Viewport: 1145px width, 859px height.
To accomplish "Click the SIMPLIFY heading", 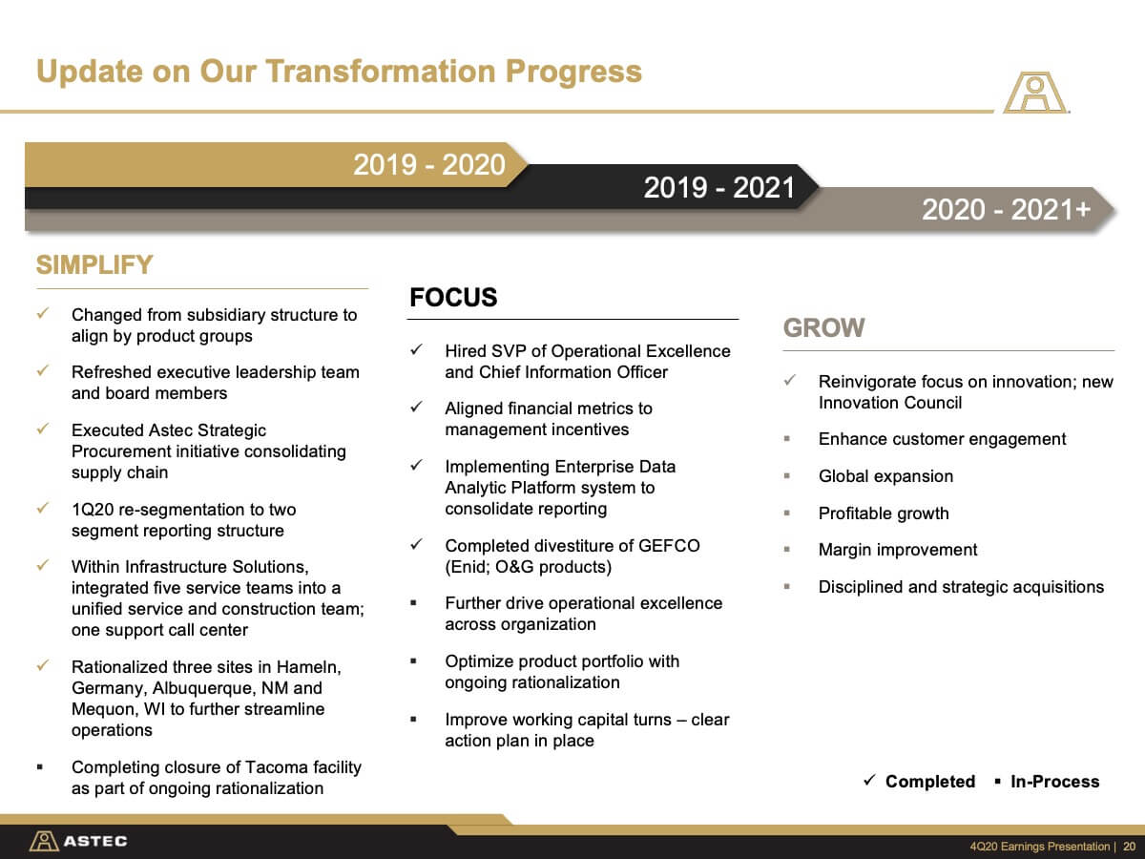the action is [94, 265].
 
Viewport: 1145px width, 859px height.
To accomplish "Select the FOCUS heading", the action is [453, 297].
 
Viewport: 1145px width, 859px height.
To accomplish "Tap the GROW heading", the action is [823, 328].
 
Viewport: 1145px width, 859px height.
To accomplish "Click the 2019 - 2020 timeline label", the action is [428, 165].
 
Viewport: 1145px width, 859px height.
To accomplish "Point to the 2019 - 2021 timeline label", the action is [719, 187].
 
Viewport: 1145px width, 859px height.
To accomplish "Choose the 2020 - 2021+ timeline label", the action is [1007, 210].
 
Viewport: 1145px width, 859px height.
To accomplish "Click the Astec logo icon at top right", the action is [1035, 93].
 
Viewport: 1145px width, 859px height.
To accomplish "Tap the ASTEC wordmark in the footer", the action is [95, 841].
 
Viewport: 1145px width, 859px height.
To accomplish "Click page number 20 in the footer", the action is [1130, 847].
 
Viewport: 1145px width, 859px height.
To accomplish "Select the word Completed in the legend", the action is [930, 782].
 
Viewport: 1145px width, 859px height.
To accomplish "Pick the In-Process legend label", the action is [1054, 782].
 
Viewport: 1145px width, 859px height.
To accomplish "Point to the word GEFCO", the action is [669, 546].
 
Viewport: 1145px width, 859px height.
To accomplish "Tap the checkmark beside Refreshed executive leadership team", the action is [42, 370].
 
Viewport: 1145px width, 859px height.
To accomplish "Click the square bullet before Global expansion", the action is [786, 475].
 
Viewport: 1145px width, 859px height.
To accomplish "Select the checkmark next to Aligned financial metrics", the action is [416, 407].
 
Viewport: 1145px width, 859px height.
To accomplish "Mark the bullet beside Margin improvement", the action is [786, 549].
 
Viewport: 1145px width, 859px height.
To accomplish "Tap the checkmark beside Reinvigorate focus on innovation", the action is [789, 380].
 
